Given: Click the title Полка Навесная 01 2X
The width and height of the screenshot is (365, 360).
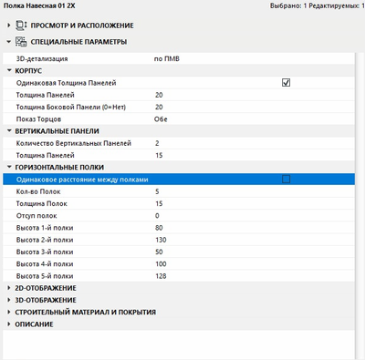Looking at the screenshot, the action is coord(39,6).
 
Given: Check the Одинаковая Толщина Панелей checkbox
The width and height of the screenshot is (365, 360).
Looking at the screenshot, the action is coord(286,83).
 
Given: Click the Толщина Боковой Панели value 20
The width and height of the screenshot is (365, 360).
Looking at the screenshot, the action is coord(160,107).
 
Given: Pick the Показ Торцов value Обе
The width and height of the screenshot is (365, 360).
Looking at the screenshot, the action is coord(162,118).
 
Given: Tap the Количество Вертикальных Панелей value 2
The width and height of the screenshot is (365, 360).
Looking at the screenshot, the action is coord(158,143).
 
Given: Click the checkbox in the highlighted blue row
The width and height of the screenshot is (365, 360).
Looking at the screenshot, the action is coord(286,180).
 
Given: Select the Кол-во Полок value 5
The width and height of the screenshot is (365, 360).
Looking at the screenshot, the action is coord(158,191).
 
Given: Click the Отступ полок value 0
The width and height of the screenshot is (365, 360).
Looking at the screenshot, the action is coord(158,215).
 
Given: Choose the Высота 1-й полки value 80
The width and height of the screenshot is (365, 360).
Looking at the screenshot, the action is coord(160,227).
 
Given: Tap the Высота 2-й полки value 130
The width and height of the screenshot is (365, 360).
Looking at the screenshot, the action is coord(162,239).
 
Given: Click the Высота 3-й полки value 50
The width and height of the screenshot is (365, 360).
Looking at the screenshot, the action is coord(160,251).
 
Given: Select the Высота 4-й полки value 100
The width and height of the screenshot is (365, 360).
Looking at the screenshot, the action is coord(162,263).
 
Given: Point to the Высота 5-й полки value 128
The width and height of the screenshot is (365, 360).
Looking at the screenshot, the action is coord(162,275).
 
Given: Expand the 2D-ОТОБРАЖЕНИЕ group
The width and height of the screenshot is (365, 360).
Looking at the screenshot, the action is coord(46,288).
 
